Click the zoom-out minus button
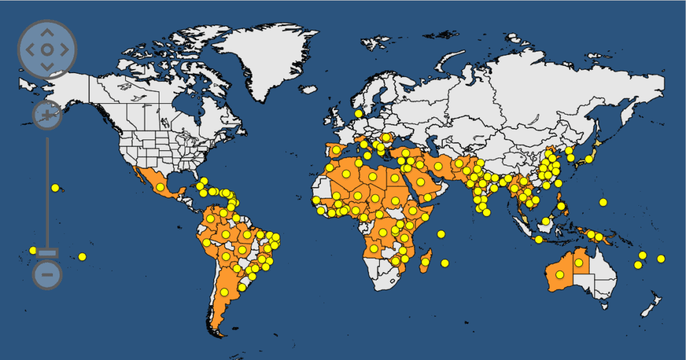47,274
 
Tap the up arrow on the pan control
47,32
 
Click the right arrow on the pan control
64,49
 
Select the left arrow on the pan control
29,49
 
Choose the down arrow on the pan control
47,66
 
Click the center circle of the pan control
47,49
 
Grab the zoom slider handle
48,252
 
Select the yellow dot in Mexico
160,187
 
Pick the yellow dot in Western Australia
559,274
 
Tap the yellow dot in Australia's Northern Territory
578,262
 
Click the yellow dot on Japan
589,159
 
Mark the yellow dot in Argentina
224,292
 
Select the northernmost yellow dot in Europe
358,114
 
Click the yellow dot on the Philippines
561,206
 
